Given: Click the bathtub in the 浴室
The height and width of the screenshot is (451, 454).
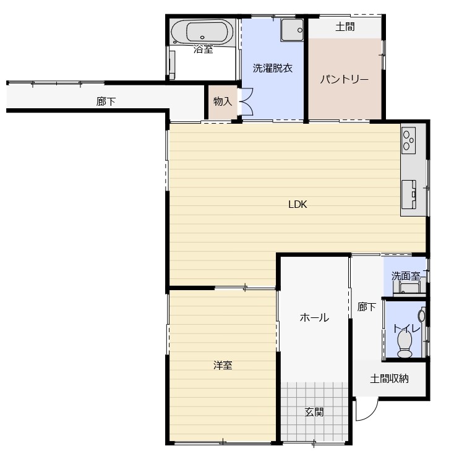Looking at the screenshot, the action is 202,32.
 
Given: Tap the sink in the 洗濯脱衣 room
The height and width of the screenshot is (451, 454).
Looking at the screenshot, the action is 292,30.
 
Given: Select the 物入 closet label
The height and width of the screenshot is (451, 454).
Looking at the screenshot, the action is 223,101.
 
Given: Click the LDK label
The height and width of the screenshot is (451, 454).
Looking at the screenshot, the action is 298,205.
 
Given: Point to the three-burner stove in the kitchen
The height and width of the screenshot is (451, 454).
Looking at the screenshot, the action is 409,140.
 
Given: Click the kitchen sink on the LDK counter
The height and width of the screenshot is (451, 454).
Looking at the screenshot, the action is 409,194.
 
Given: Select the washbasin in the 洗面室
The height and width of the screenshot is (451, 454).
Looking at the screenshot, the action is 409,287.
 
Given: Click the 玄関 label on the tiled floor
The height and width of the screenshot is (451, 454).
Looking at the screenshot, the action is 314,412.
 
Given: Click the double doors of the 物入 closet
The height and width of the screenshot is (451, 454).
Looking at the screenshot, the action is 246,101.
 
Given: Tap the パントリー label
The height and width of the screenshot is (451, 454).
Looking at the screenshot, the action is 345,79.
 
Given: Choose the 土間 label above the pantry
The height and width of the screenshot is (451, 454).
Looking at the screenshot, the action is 345,27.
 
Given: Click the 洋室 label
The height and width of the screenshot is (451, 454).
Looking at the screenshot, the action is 223,365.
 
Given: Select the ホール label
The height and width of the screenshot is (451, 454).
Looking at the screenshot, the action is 314,318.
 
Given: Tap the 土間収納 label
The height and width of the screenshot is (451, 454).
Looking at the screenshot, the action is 389,379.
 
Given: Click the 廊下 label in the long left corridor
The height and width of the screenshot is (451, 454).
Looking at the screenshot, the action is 106,101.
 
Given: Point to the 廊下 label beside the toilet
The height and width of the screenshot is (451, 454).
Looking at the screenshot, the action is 367,307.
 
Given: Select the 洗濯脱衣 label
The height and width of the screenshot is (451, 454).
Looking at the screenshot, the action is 273,68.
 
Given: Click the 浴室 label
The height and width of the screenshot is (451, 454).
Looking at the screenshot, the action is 203,49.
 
